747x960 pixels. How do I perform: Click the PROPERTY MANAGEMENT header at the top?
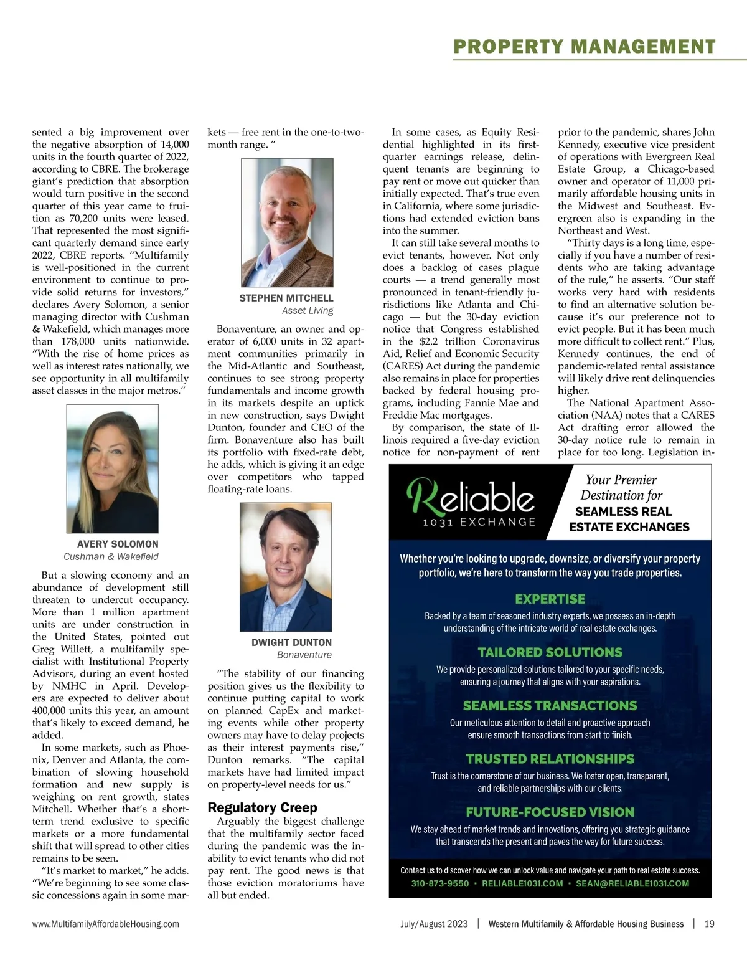pyautogui.click(x=585, y=47)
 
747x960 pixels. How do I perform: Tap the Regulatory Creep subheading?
pyautogui.click(x=262, y=807)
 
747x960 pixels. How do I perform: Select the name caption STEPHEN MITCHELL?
pyautogui.click(x=286, y=298)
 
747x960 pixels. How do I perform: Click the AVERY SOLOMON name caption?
pyautogui.click(x=118, y=544)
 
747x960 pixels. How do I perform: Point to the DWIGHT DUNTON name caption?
pyautogui.click(x=291, y=642)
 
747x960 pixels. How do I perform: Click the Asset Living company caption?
pyautogui.click(x=308, y=311)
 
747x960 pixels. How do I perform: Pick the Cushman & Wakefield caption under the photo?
pyautogui.click(x=111, y=556)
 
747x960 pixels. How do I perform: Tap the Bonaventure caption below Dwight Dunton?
pyautogui.click(x=304, y=655)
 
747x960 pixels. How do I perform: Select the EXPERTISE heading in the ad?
pyautogui.click(x=550, y=599)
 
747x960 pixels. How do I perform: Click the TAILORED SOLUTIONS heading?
pyautogui.click(x=550, y=652)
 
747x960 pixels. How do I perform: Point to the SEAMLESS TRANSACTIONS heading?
pyautogui.click(x=550, y=706)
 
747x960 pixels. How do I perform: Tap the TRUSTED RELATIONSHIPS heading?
pyautogui.click(x=550, y=759)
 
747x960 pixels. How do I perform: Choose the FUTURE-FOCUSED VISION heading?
pyautogui.click(x=550, y=812)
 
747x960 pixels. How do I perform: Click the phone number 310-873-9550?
pyautogui.click(x=440, y=883)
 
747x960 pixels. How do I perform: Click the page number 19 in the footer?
pyautogui.click(x=709, y=924)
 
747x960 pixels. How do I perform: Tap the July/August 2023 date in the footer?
pyautogui.click(x=434, y=924)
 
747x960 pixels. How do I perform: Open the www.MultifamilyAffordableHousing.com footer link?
pyautogui.click(x=106, y=924)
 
